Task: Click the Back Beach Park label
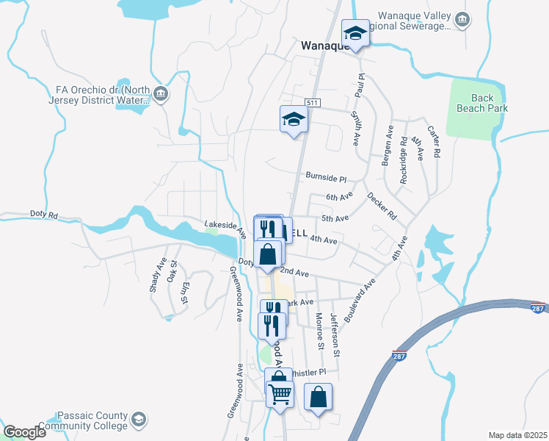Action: [x=491, y=103]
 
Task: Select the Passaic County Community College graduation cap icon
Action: [x=137, y=420]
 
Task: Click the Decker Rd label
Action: [x=382, y=207]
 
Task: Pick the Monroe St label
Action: [x=319, y=330]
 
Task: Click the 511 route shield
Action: [x=313, y=102]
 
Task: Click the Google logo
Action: [x=24, y=431]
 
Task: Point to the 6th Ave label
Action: [x=340, y=197]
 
